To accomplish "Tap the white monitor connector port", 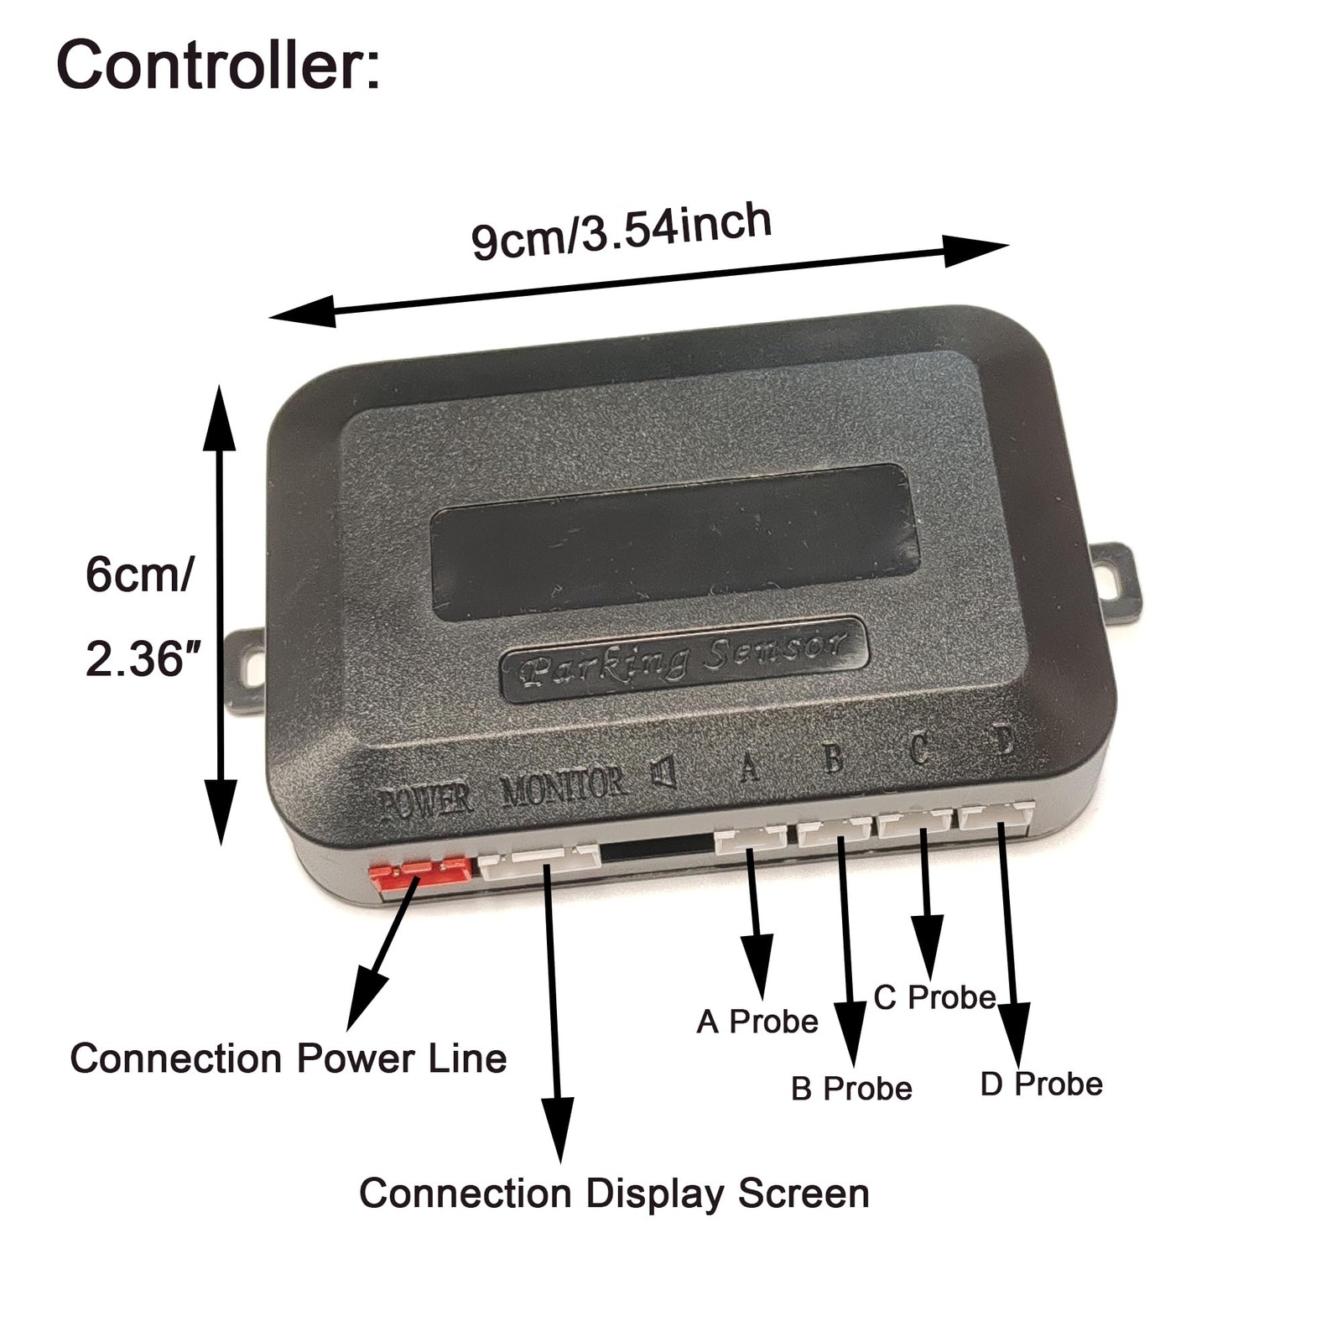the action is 539,861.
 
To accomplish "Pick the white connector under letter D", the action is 996,815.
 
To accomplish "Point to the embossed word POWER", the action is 424,801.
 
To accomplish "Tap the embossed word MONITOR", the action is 563,786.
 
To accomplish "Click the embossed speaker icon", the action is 664,772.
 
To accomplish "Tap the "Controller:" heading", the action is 218,65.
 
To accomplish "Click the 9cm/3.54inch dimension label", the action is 621,231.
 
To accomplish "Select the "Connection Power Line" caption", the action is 288,1059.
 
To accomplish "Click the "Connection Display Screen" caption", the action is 614,1194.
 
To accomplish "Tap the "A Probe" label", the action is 757,1022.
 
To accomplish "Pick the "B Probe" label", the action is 850,1089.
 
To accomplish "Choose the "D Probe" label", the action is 1041,1084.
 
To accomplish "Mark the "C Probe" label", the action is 934,997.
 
